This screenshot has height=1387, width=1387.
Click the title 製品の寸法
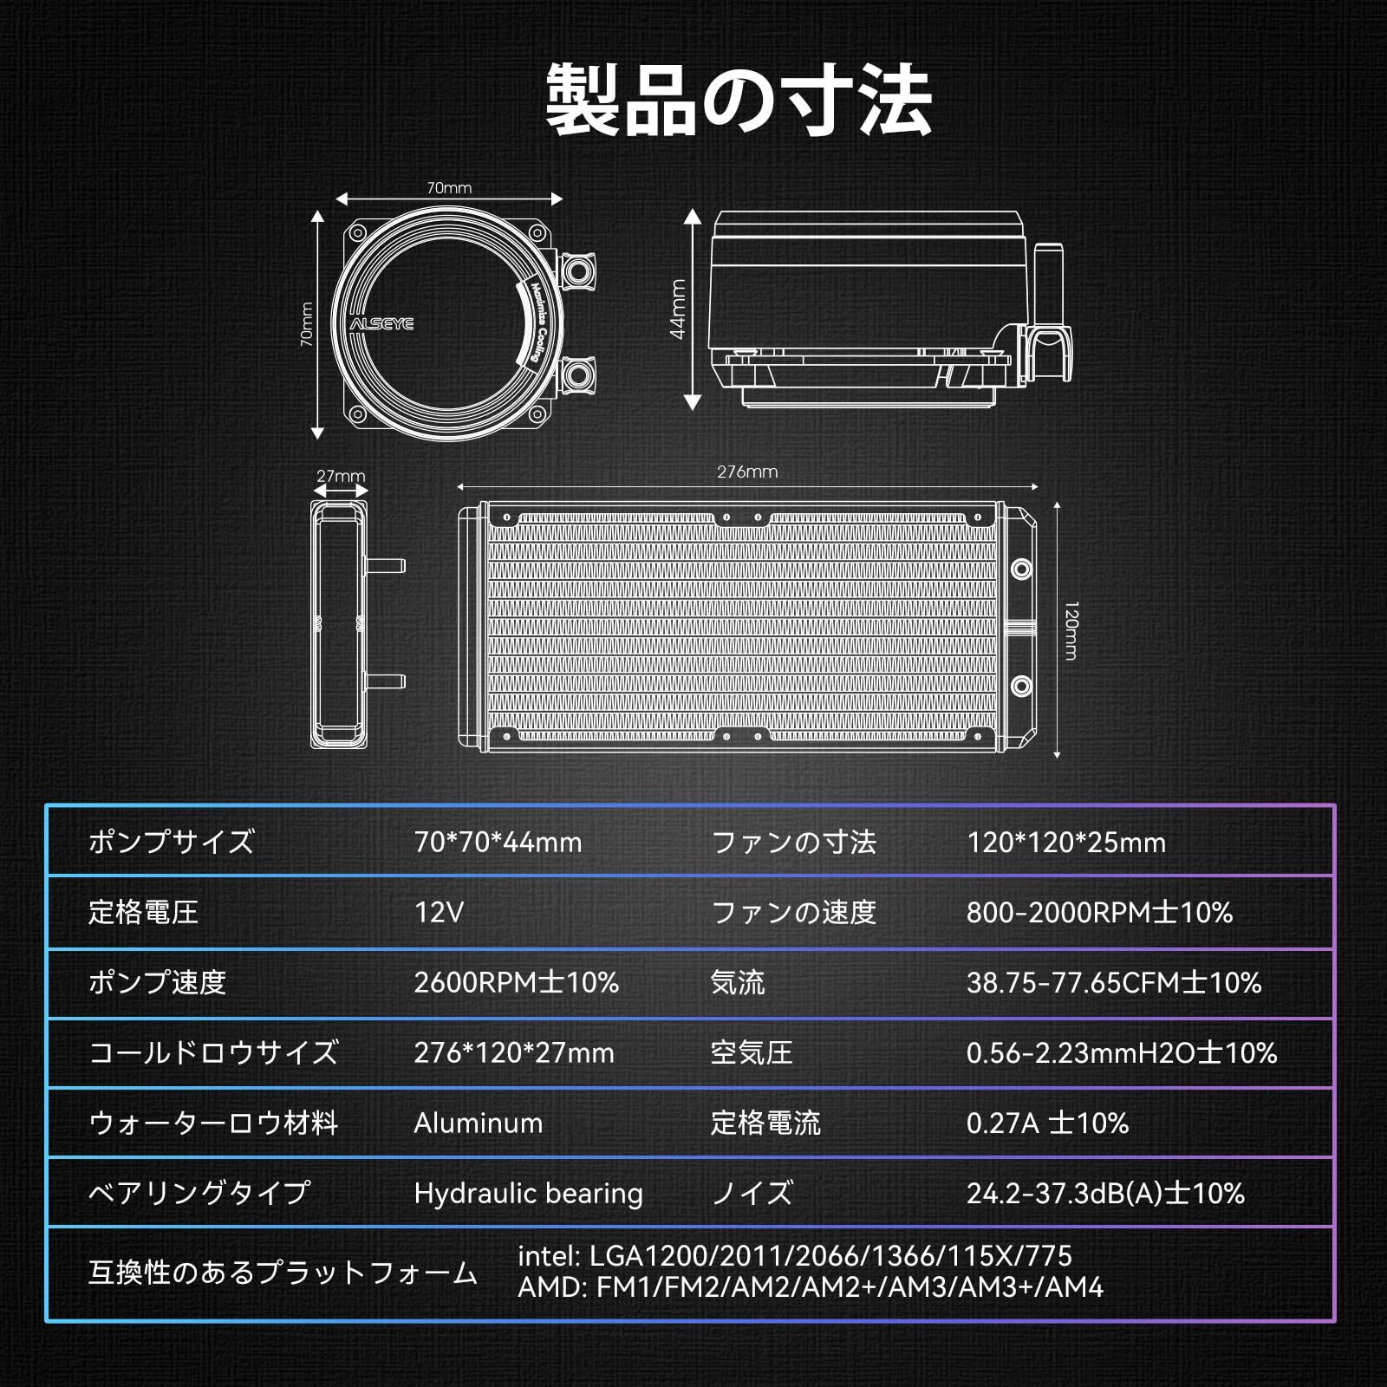(x=739, y=101)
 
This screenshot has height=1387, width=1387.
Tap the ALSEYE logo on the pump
(x=381, y=323)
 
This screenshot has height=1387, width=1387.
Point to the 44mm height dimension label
(x=678, y=309)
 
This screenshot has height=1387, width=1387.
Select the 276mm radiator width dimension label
(x=747, y=472)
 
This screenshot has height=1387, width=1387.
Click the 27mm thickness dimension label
(x=340, y=476)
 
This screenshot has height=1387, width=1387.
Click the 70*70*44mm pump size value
(x=498, y=842)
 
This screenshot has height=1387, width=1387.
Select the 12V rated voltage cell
(x=439, y=912)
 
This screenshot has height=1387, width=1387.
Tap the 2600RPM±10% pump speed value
(x=516, y=982)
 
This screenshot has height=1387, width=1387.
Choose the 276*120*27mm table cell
(x=514, y=1052)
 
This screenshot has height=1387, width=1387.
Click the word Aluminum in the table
(x=478, y=1123)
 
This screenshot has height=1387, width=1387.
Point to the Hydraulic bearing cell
(x=528, y=1193)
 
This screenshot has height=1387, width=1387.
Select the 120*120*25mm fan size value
(x=1065, y=842)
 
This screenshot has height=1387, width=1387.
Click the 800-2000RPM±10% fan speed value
(x=1099, y=912)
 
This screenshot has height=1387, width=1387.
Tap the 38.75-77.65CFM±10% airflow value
(x=1114, y=982)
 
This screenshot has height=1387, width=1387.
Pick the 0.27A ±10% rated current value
(x=1047, y=1123)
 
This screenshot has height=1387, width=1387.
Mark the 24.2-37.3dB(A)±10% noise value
(x=1105, y=1193)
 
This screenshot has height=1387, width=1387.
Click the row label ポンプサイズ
(x=171, y=842)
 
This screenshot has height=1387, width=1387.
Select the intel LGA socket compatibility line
(x=794, y=1255)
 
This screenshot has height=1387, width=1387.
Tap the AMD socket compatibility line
(x=810, y=1287)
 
